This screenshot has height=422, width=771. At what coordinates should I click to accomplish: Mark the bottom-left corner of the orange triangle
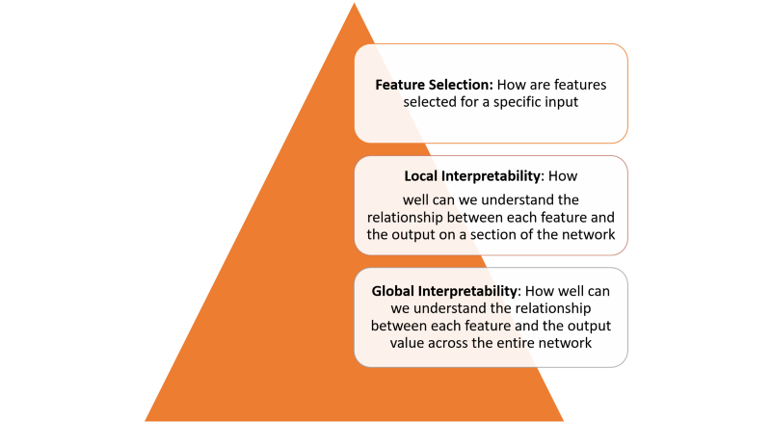[x=145, y=420]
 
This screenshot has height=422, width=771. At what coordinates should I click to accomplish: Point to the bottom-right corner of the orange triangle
[x=565, y=420]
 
